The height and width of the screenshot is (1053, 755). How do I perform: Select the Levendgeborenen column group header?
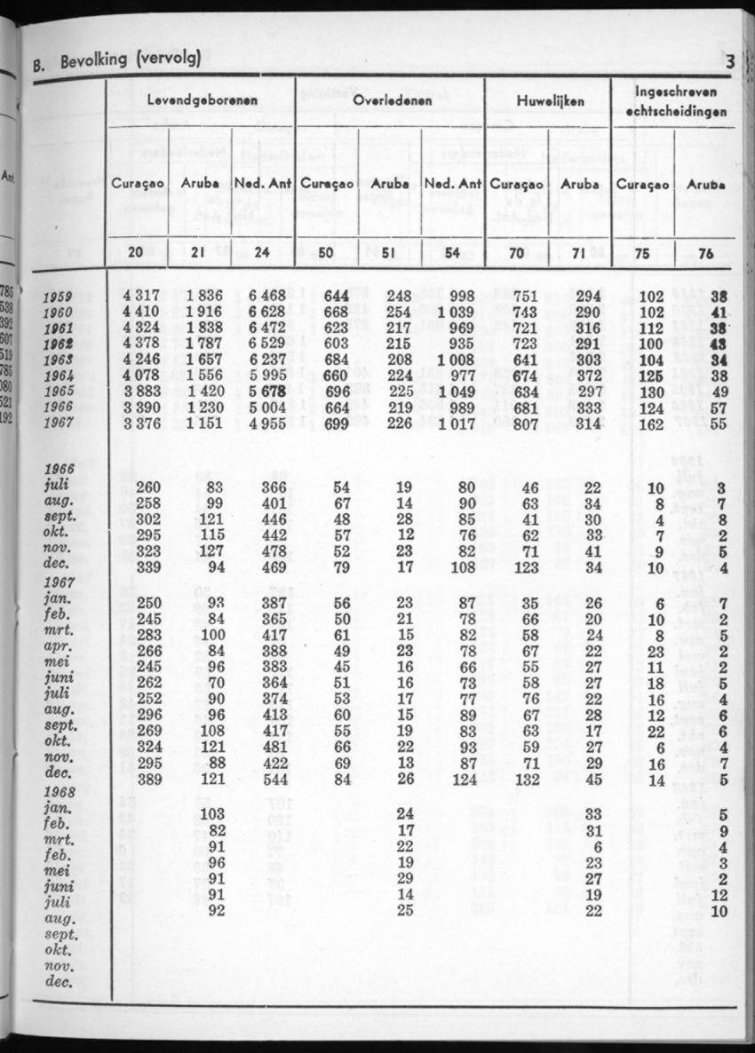(203, 101)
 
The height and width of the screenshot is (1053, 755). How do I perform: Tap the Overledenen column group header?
(392, 101)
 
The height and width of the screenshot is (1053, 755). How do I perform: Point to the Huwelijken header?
(549, 102)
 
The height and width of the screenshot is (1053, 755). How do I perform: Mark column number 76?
(705, 252)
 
